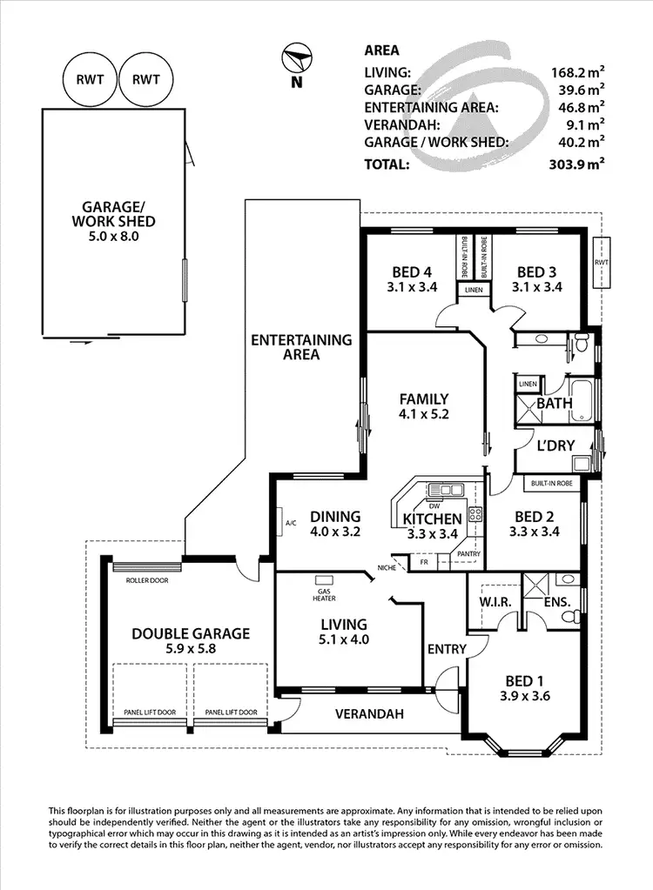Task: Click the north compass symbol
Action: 295,61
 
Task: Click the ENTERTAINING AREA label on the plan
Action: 301,347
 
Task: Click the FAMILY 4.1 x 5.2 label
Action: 423,407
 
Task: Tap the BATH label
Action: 554,404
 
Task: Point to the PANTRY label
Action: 468,553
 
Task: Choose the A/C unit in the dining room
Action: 291,524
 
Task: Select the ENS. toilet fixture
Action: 569,616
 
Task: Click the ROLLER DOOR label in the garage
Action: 147,580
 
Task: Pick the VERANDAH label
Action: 370,714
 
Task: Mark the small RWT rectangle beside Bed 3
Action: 601,261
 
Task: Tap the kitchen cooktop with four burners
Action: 475,514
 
